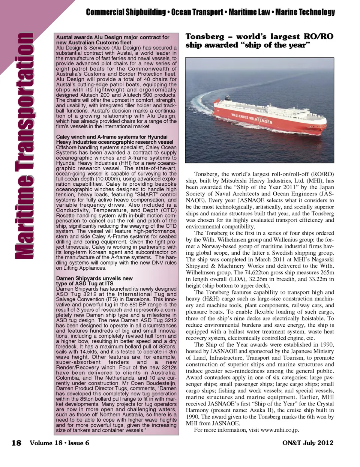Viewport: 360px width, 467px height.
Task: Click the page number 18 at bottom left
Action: tap(16, 443)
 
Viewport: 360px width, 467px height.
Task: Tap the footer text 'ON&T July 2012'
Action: tap(307, 443)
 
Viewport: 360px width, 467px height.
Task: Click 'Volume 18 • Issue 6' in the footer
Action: tap(59, 443)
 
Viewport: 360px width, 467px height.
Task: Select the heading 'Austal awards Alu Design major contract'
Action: tap(112, 38)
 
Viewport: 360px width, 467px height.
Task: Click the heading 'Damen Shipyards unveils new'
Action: tap(94, 278)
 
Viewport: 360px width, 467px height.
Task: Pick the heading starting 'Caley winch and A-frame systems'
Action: tap(112, 137)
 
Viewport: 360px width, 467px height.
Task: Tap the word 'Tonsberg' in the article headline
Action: tap(205, 36)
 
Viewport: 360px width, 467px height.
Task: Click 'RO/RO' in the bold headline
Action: tap(318, 36)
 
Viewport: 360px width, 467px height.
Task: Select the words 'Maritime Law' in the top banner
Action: tap(249, 12)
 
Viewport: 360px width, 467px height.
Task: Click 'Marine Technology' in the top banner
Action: tap(305, 12)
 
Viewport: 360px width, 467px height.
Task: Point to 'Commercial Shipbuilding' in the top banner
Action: tap(126, 12)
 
